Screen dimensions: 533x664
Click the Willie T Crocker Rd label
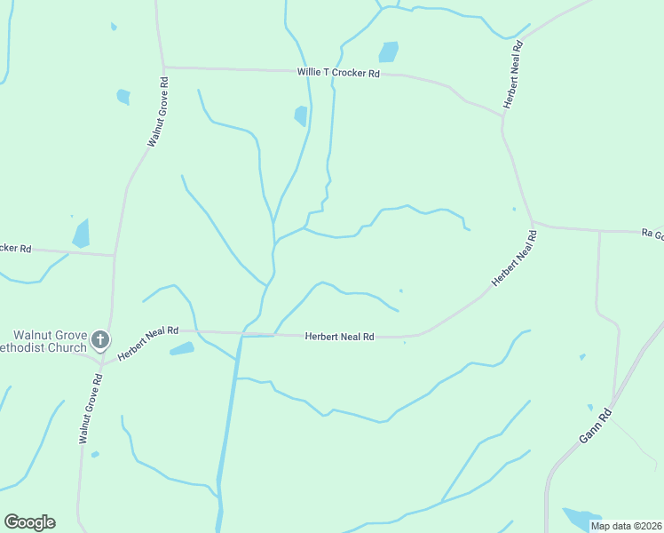point(338,73)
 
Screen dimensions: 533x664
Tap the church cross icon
point(100,338)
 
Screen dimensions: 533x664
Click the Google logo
point(29,522)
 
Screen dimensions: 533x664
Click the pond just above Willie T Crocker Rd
point(389,52)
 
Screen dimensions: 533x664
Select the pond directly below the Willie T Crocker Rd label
point(301,115)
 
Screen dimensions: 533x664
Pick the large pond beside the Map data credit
point(581,517)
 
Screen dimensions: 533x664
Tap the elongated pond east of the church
point(182,349)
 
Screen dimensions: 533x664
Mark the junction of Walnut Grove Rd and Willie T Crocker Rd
point(164,67)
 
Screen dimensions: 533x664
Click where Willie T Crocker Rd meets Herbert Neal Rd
point(502,115)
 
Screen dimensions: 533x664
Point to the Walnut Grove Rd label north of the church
point(158,113)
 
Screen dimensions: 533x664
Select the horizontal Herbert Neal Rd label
point(340,337)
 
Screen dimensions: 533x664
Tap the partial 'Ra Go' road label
point(652,234)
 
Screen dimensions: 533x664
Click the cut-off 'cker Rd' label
point(16,249)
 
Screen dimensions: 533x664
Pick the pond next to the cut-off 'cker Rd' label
point(82,233)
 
